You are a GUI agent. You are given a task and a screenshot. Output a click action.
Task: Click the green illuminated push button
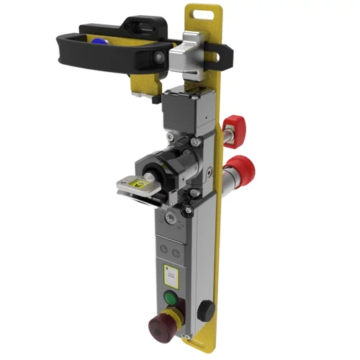171,298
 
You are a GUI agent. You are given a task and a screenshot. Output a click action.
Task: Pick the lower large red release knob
243,168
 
